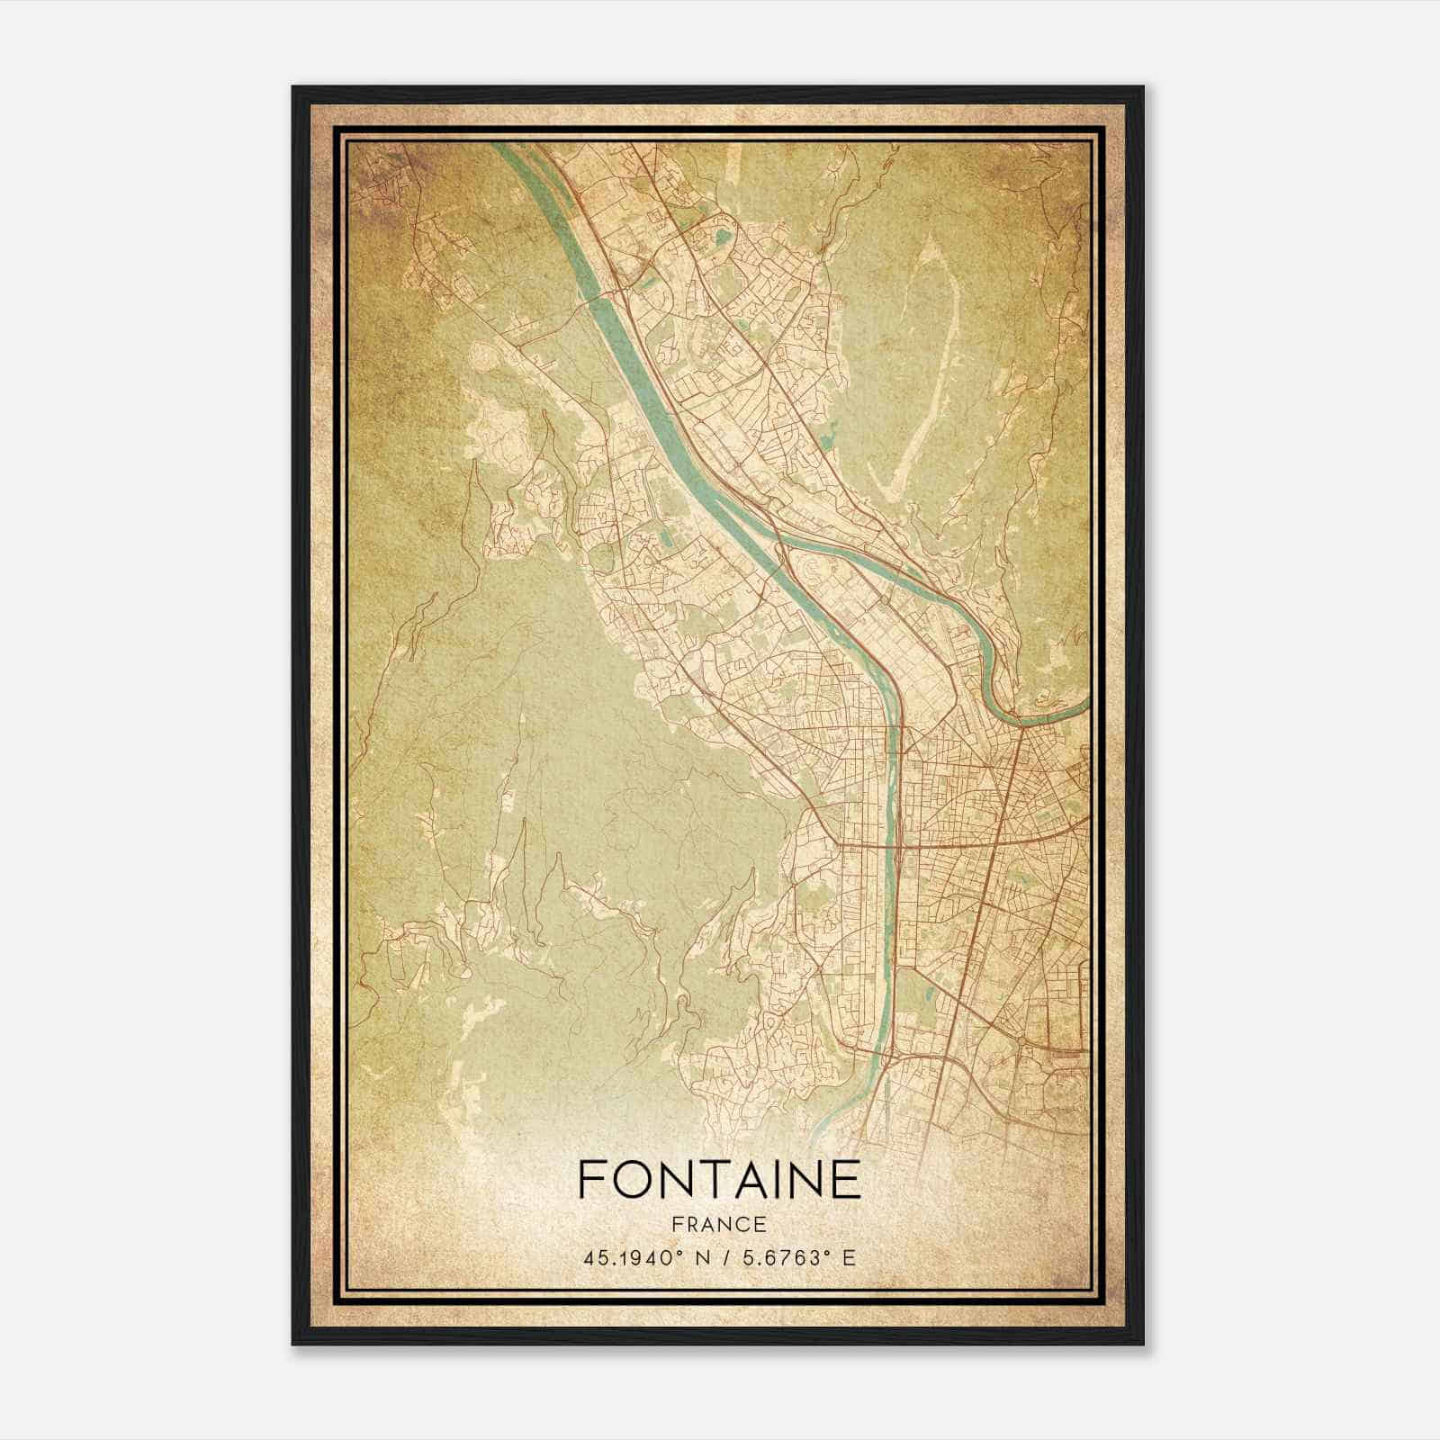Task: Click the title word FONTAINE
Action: point(719,1180)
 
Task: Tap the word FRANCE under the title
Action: point(720,1224)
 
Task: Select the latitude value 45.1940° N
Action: point(640,1257)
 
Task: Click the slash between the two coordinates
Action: point(720,1257)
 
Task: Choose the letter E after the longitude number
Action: point(849,1257)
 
